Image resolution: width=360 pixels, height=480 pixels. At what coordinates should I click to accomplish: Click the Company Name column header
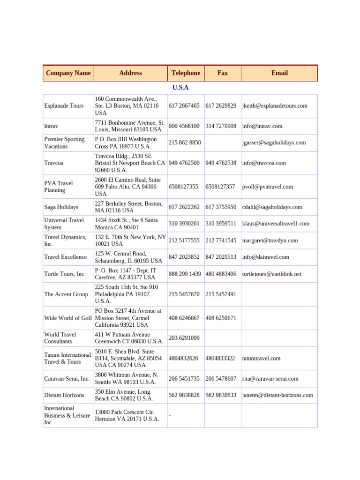tap(68, 73)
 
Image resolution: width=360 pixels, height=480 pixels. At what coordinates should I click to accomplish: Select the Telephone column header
tap(186, 73)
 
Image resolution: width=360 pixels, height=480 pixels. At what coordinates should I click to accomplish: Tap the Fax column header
tap(223, 73)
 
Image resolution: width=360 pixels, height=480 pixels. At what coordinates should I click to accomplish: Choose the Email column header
tap(279, 73)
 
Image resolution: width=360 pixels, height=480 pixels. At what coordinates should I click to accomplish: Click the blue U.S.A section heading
tap(180, 88)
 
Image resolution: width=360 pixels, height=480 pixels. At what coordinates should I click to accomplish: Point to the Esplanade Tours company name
tap(64, 106)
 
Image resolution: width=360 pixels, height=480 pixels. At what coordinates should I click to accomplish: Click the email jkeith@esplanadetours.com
tap(275, 106)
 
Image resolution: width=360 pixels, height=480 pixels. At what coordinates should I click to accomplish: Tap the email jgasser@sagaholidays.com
tap(274, 142)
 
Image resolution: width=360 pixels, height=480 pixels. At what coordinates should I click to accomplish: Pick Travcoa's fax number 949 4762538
tap(221, 163)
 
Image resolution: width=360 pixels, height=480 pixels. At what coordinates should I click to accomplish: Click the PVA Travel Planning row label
tap(59, 187)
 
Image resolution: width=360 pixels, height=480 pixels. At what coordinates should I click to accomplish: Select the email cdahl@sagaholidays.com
tap(272, 207)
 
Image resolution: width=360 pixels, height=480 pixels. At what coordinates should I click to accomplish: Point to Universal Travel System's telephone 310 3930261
tap(184, 224)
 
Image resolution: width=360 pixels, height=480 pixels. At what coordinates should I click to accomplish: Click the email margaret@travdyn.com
tap(270, 240)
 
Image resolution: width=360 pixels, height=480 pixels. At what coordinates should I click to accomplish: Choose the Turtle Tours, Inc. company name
tap(65, 274)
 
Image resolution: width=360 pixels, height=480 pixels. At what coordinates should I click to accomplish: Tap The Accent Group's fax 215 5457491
tap(221, 294)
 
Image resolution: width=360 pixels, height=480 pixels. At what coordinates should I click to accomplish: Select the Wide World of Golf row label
tap(68, 318)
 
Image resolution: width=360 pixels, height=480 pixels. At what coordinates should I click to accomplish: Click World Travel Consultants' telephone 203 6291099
tap(184, 338)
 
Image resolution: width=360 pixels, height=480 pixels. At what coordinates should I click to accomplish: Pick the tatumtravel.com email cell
tap(262, 358)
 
